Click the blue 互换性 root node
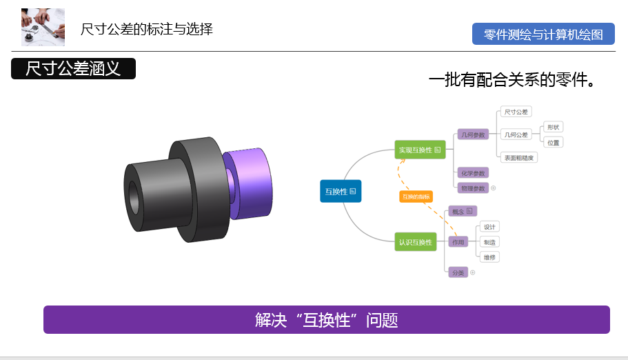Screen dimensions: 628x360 pyautogui.click(x=341, y=191)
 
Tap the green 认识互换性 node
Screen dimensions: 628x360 pyautogui.click(x=416, y=242)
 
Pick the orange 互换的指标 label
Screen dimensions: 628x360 pyautogui.click(x=416, y=197)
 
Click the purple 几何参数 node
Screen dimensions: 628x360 pyautogui.click(x=473, y=134)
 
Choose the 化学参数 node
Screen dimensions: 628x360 pyautogui.click(x=473, y=173)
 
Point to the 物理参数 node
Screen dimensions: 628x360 pyautogui.click(x=473, y=188)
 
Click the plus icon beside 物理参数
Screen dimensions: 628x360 pyautogui.click(x=494, y=188)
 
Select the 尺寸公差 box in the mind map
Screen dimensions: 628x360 pyautogui.click(x=516, y=112)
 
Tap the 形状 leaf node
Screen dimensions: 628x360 pyautogui.click(x=553, y=127)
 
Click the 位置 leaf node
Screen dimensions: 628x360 pyautogui.click(x=553, y=142)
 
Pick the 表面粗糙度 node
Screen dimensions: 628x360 pyautogui.click(x=519, y=157)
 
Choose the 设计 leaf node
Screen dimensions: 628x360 pyautogui.click(x=489, y=227)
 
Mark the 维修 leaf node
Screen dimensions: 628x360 pyautogui.click(x=489, y=257)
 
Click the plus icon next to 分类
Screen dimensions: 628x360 pyautogui.click(x=473, y=272)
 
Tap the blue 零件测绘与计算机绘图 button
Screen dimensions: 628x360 pyautogui.click(x=543, y=34)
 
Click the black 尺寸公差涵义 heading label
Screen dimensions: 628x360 pyautogui.click(x=73, y=69)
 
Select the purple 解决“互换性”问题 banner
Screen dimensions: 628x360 pyautogui.click(x=326, y=320)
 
